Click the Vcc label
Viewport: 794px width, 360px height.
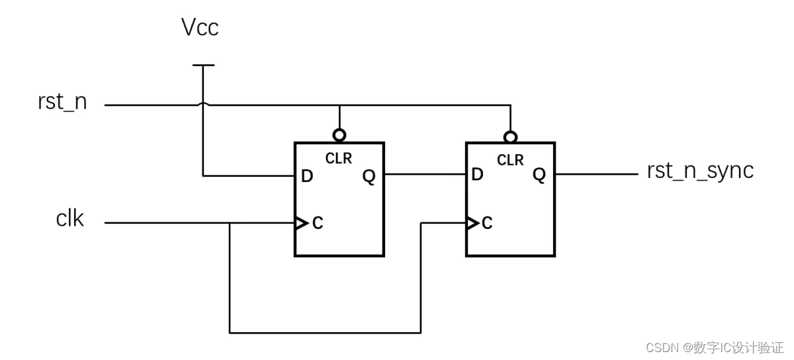tap(200, 27)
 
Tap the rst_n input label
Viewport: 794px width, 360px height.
tap(62, 102)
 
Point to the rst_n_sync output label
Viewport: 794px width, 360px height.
tap(700, 171)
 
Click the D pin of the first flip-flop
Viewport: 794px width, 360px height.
tap(307, 176)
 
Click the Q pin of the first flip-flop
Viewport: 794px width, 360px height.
tap(369, 176)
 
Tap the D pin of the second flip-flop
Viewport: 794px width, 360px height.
tap(478, 174)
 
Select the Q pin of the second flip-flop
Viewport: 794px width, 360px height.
tap(539, 175)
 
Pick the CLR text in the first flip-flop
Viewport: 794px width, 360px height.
tap(339, 159)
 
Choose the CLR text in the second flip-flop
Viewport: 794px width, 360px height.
tap(510, 160)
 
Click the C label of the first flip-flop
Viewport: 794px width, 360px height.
tap(318, 223)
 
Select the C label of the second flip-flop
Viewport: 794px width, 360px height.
tap(487, 223)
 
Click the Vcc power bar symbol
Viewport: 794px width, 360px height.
tap(204, 66)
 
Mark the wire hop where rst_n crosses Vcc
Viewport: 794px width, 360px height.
tap(203, 104)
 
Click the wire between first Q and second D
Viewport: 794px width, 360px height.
tap(425, 174)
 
